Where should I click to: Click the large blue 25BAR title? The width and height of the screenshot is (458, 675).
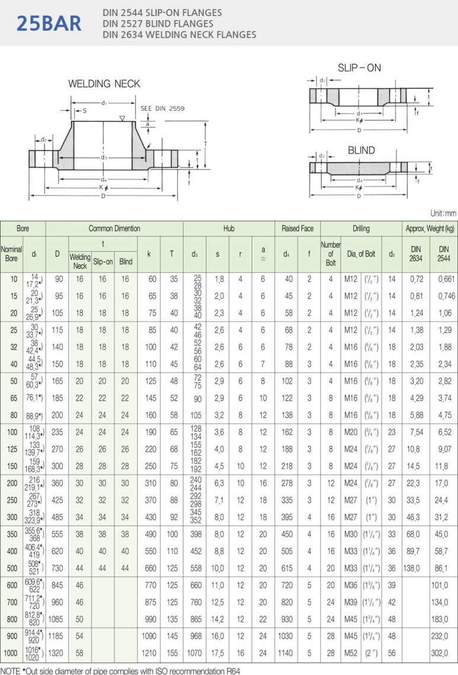point(49,23)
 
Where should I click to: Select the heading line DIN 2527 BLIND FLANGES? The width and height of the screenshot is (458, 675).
point(158,24)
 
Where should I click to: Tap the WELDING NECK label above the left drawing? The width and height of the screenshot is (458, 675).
point(104,84)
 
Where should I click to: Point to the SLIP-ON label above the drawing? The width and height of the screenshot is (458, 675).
point(359,68)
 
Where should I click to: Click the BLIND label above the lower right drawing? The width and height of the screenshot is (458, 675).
point(361,151)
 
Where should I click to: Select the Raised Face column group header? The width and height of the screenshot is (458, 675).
point(297,228)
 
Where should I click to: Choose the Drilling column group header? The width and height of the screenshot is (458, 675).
point(361,228)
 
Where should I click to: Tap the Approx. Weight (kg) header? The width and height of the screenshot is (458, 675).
point(430,228)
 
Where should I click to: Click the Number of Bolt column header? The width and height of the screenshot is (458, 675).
point(331,254)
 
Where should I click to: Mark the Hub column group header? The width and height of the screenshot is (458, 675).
point(229,228)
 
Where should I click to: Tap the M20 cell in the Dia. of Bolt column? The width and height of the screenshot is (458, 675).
point(351,433)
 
